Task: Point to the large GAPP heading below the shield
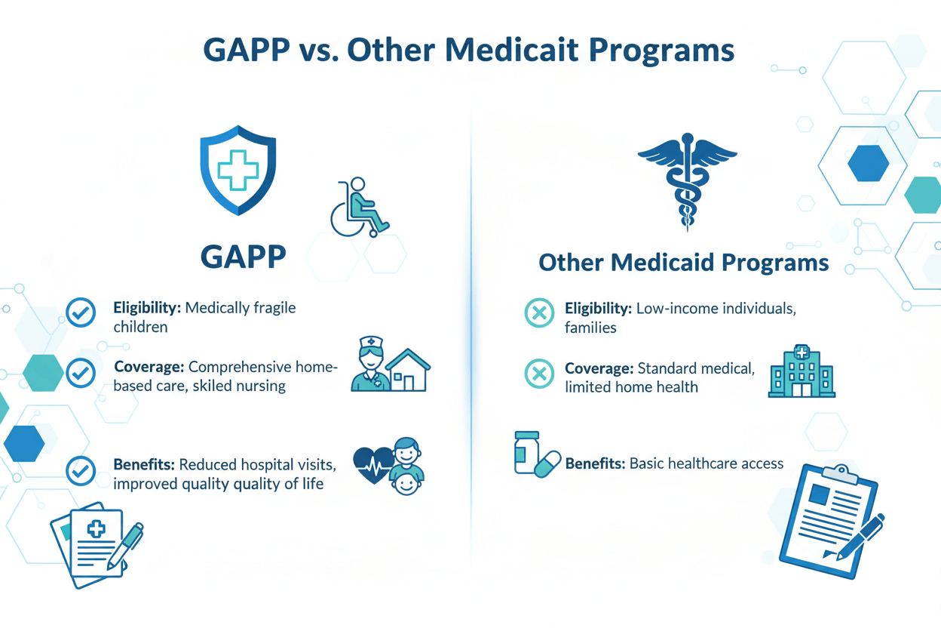[x=243, y=256]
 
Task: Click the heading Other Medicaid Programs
[x=684, y=263]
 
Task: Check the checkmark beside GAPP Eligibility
[x=81, y=312]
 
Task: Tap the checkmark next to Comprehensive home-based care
[x=81, y=372]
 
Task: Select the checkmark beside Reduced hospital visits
[x=81, y=470]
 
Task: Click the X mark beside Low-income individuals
[x=538, y=313]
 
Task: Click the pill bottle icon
[x=527, y=452]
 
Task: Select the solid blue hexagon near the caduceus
[x=868, y=164]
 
